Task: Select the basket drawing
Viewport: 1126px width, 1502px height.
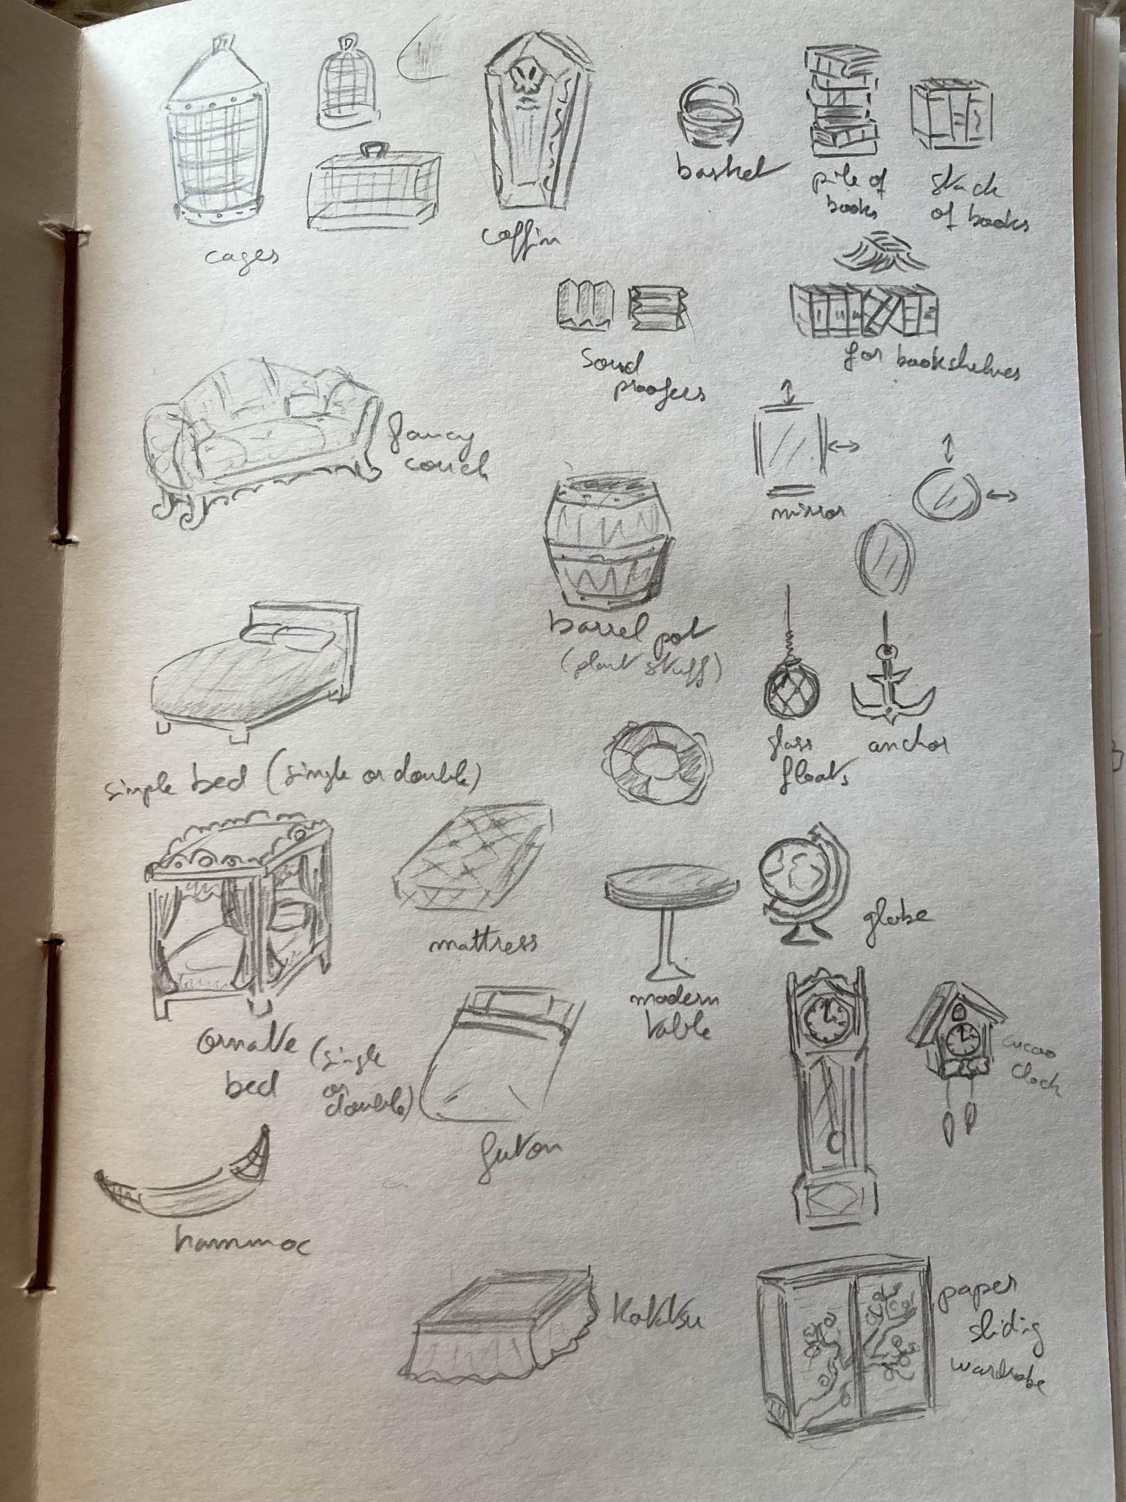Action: click(x=709, y=112)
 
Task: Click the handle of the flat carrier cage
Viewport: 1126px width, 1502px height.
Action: click(x=373, y=149)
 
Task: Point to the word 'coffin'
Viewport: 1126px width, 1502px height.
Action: click(x=520, y=238)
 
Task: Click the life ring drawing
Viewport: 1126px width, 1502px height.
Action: click(x=656, y=764)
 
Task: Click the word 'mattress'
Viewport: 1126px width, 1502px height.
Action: click(x=482, y=941)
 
